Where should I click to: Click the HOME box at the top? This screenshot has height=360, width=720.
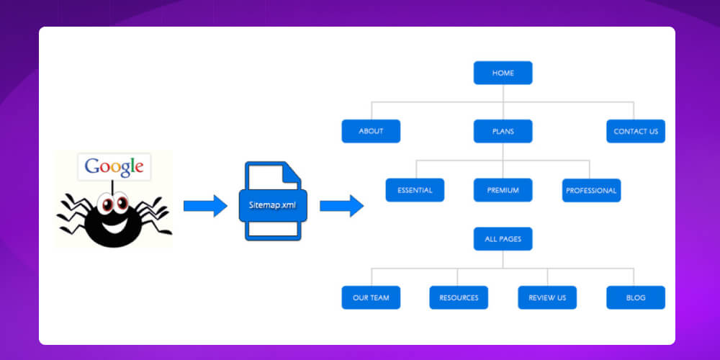pos(503,73)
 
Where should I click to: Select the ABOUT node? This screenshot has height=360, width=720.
pos(371,131)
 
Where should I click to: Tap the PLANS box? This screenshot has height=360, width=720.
pos(503,131)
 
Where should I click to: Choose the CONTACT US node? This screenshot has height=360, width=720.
pos(635,131)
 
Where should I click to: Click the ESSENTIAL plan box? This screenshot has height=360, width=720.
pos(415,190)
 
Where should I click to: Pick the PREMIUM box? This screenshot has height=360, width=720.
pos(503,190)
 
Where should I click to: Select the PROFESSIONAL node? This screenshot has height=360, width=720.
pos(591,190)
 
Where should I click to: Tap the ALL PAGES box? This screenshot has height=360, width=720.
pos(503,238)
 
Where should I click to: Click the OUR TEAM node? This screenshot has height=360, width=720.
pos(371,297)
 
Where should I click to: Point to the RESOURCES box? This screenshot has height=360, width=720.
pos(459,297)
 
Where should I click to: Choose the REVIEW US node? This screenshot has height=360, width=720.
pos(547,297)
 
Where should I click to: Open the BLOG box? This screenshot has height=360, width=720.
pos(635,297)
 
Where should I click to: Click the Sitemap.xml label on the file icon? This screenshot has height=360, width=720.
pos(273,205)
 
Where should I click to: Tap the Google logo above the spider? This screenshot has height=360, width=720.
pos(114,166)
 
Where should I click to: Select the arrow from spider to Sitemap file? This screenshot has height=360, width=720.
pos(205,206)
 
